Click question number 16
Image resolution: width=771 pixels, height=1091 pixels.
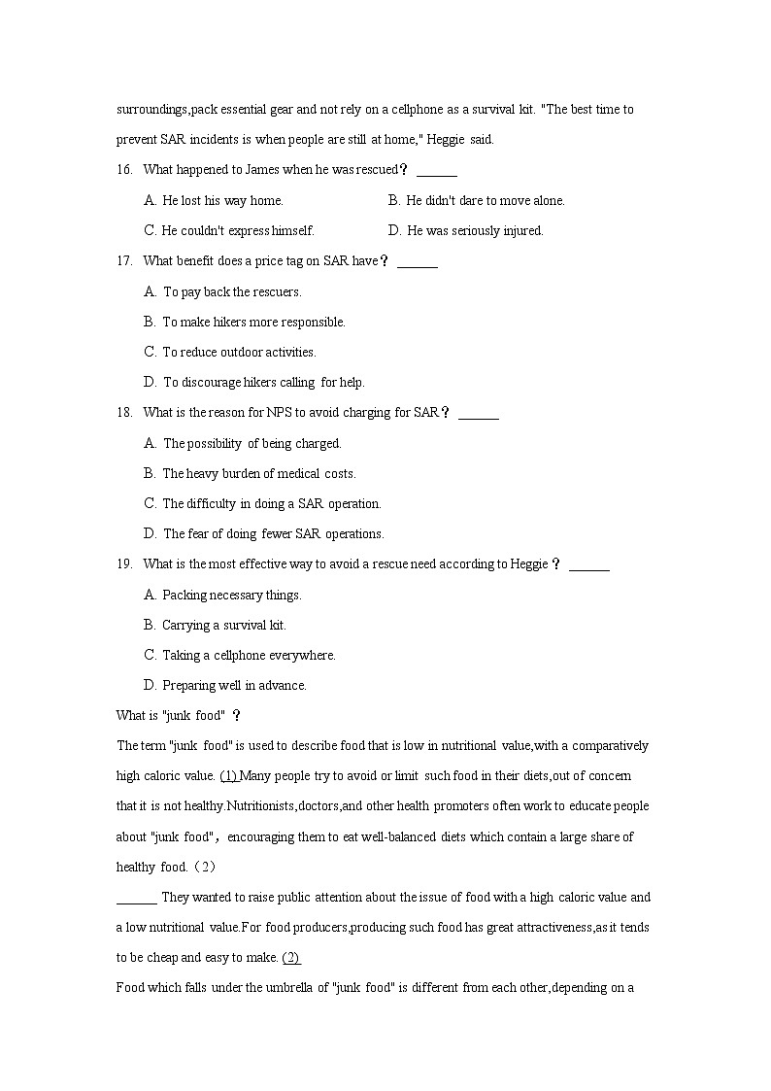(x=124, y=170)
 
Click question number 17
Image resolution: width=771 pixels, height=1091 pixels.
(x=124, y=261)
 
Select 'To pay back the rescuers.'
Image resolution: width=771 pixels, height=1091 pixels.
(x=232, y=292)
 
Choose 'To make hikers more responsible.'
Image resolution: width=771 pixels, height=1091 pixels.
(x=253, y=323)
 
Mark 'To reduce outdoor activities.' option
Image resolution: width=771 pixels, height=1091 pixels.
(x=239, y=353)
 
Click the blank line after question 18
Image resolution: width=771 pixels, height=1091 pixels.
(x=478, y=414)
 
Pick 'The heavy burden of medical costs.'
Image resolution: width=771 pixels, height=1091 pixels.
(x=259, y=474)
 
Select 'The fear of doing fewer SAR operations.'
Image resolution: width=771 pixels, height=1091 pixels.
(x=274, y=534)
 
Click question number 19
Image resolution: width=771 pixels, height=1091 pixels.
(x=124, y=564)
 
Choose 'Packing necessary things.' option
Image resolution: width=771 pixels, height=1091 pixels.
(x=232, y=596)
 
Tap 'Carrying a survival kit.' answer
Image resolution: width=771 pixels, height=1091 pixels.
(x=224, y=626)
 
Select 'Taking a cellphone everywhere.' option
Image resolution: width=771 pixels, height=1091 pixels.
(x=249, y=656)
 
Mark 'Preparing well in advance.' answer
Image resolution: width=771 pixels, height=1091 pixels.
(x=234, y=686)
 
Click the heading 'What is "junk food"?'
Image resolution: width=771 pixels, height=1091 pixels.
(x=178, y=716)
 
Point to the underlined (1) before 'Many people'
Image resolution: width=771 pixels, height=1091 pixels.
(x=229, y=776)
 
